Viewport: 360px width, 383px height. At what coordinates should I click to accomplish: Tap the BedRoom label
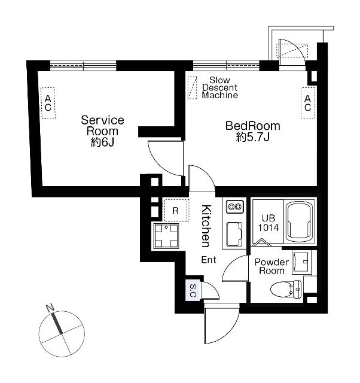252,126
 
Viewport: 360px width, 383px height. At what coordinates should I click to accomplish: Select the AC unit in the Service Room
48,103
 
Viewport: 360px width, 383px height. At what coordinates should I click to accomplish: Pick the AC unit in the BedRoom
307,103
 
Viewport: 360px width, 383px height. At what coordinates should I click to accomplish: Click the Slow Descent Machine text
219,88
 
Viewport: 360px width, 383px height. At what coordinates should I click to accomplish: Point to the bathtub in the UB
299,222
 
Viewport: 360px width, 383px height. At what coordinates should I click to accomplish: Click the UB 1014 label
269,223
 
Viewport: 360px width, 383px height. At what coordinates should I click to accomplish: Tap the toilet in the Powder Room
286,288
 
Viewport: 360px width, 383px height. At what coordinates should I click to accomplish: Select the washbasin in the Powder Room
301,261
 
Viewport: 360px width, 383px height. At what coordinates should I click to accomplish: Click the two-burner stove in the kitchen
235,206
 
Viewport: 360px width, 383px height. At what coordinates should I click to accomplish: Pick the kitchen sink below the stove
234,235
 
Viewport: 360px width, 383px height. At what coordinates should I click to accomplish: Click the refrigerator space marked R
176,211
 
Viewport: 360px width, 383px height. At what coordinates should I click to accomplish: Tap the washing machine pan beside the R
166,236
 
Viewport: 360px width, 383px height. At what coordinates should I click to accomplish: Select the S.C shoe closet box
193,291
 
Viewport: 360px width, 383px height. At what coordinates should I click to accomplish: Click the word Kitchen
206,226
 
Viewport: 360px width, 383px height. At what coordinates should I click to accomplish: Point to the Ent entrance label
209,260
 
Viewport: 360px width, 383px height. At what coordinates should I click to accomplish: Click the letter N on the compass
50,308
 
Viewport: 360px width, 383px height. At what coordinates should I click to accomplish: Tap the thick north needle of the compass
57,323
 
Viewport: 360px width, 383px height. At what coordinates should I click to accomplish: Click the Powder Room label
271,266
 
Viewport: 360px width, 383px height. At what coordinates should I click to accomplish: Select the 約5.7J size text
252,137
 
